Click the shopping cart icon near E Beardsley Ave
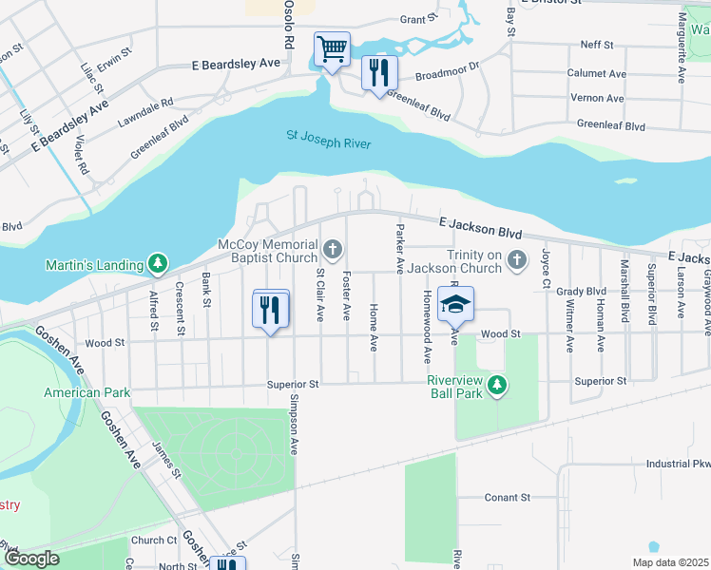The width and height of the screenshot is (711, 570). [332, 48]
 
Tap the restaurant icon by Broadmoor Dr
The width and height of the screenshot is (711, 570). [379, 72]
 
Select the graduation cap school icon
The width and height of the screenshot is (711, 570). [455, 304]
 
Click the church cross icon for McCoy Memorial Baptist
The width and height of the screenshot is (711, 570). [332, 250]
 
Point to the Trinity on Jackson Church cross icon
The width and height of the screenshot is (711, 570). [516, 259]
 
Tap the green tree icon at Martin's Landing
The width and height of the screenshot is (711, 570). [158, 263]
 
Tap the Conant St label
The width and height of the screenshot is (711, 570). [506, 497]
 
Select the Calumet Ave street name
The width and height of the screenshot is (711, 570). [597, 73]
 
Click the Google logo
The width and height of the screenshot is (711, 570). [32, 559]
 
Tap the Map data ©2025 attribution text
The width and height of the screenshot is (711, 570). [670, 562]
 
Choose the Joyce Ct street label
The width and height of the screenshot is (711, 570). [546, 268]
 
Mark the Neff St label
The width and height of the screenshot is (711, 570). [597, 46]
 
